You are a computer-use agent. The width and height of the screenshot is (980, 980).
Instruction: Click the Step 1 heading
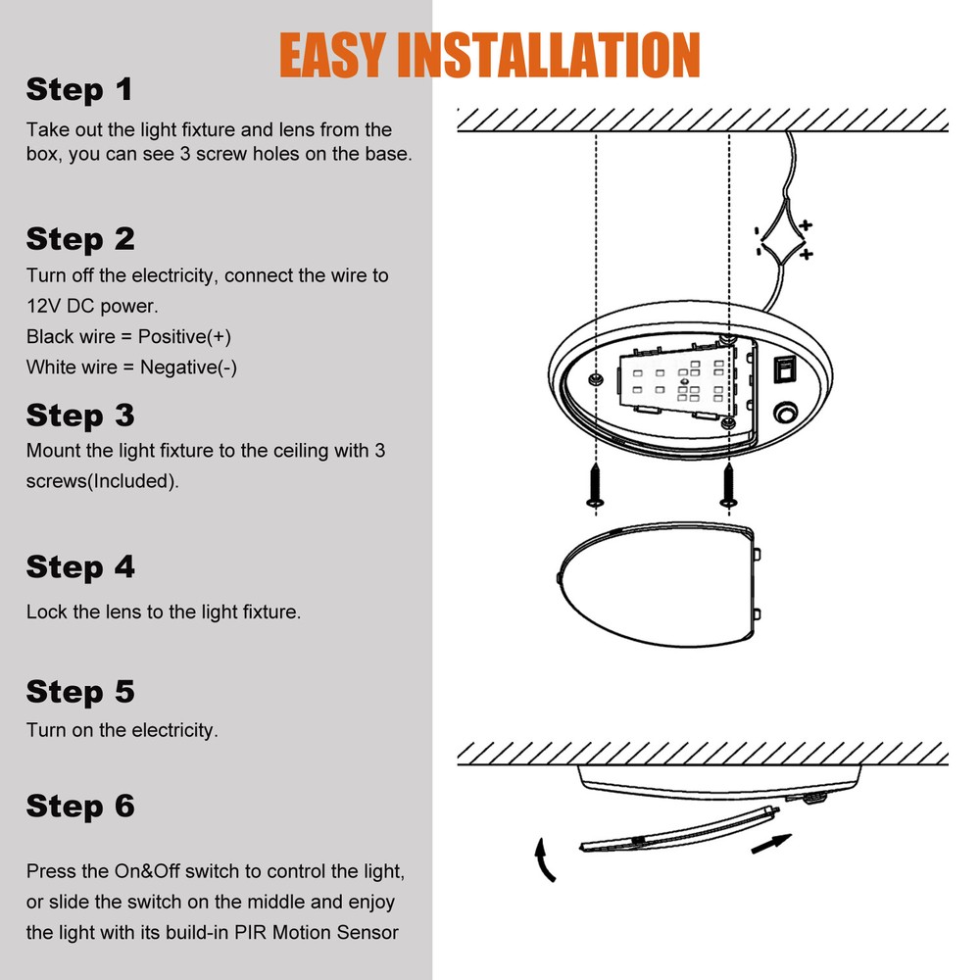click(x=78, y=90)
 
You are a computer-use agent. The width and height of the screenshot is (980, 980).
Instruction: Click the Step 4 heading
click(x=80, y=567)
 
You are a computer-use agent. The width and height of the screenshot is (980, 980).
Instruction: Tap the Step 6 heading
click(x=80, y=807)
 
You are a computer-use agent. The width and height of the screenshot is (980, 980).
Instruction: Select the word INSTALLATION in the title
click(x=555, y=55)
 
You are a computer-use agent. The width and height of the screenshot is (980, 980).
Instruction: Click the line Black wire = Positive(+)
click(x=128, y=337)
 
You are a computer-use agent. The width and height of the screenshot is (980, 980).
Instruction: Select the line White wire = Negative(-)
click(x=131, y=367)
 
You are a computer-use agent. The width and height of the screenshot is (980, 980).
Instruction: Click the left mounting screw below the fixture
click(x=595, y=487)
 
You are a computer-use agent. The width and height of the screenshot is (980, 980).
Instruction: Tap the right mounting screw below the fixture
click(x=728, y=487)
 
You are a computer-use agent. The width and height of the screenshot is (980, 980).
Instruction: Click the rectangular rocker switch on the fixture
click(x=785, y=370)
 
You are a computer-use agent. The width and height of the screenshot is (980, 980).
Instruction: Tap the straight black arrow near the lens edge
click(x=773, y=840)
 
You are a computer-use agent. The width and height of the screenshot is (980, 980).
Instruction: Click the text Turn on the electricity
click(x=122, y=730)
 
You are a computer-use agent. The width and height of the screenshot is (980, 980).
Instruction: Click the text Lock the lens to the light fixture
click(x=163, y=612)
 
